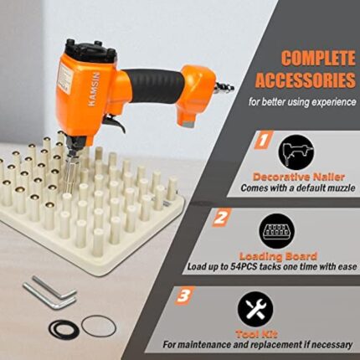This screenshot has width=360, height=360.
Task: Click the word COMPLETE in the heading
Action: (318, 59)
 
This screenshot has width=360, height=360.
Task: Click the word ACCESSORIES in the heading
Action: (306, 80)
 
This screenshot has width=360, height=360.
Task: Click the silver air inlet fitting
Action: (224, 87)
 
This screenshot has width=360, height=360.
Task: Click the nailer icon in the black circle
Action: (296, 152)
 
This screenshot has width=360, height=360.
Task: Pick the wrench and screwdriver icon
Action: (255, 309)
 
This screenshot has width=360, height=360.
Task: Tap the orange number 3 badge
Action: (184, 296)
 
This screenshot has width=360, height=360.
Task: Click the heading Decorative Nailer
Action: (299, 177)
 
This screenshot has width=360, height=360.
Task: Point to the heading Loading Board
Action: (278, 256)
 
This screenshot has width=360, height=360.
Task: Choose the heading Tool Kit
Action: (256, 334)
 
